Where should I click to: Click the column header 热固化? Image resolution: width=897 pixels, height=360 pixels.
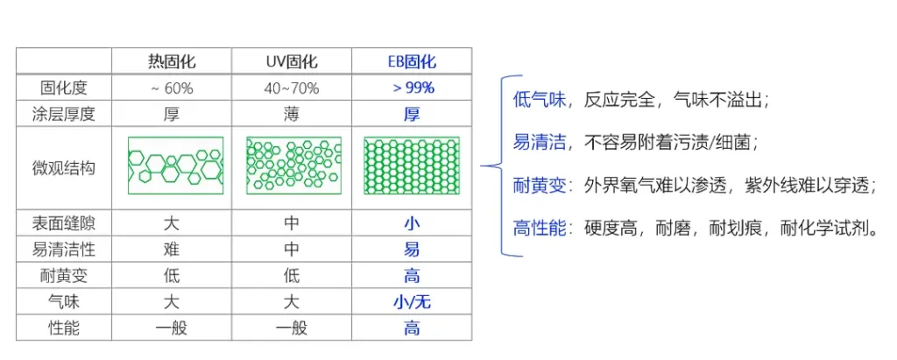(172, 61)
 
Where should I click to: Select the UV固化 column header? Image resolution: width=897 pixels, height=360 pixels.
(291, 61)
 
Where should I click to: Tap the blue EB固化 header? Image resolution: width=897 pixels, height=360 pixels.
(412, 61)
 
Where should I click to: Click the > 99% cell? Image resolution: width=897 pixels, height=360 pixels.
(412, 88)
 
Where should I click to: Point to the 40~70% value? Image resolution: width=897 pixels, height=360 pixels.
(291, 88)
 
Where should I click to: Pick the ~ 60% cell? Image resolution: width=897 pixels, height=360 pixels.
(172, 88)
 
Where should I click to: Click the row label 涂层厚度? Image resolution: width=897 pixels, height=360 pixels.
(63, 115)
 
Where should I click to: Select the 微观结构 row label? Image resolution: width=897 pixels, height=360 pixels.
(63, 168)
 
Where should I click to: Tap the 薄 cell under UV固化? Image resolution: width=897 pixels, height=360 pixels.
(291, 115)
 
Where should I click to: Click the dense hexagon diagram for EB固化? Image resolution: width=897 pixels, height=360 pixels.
(412, 166)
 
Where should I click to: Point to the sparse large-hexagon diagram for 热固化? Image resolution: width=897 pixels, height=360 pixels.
(175, 166)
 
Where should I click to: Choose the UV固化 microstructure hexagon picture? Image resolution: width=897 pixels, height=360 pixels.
(293, 166)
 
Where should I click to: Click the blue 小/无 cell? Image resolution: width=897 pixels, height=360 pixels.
(412, 301)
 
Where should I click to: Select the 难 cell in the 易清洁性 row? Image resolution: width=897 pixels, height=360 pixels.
(172, 250)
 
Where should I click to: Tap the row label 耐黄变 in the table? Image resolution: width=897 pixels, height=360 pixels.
(63, 276)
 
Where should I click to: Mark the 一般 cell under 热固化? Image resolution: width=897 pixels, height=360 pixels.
(172, 328)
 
